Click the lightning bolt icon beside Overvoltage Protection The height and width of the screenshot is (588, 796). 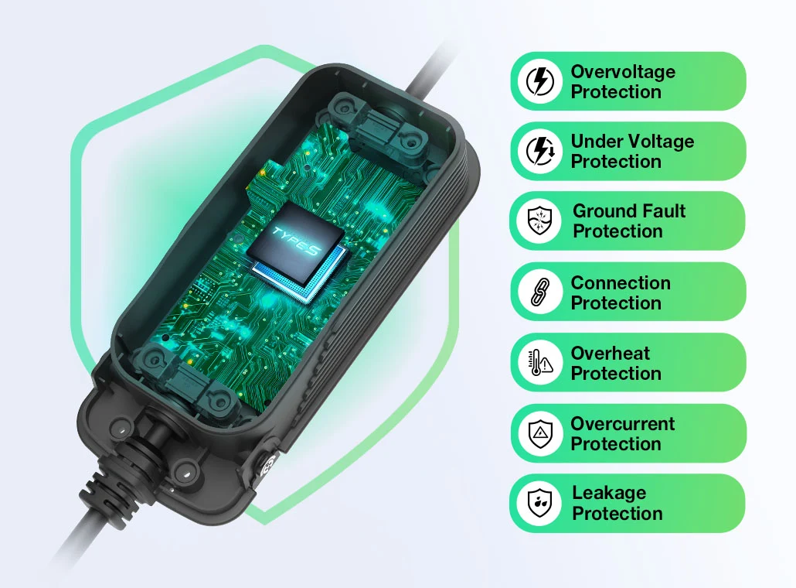539,81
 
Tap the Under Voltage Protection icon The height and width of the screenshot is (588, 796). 540,151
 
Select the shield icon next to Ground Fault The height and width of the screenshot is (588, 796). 539,220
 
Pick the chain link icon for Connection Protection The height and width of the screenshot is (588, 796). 540,292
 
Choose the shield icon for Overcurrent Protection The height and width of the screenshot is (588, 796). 540,433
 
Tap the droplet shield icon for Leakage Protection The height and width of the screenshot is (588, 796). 539,503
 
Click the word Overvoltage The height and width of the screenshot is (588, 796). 623,72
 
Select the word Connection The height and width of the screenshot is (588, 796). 621,282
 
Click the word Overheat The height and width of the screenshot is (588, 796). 611,353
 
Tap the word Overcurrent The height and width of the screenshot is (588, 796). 622,423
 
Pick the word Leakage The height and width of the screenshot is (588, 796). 609,494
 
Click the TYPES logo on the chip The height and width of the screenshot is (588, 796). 297,241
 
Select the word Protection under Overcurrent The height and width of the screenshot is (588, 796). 616,444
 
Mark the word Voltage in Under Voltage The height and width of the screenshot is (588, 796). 657,142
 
